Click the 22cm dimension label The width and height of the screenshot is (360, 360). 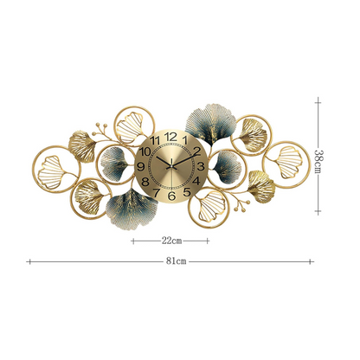coord(170,240)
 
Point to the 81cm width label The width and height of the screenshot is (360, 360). coord(176,259)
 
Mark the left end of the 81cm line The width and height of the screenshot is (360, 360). coord(29,259)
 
